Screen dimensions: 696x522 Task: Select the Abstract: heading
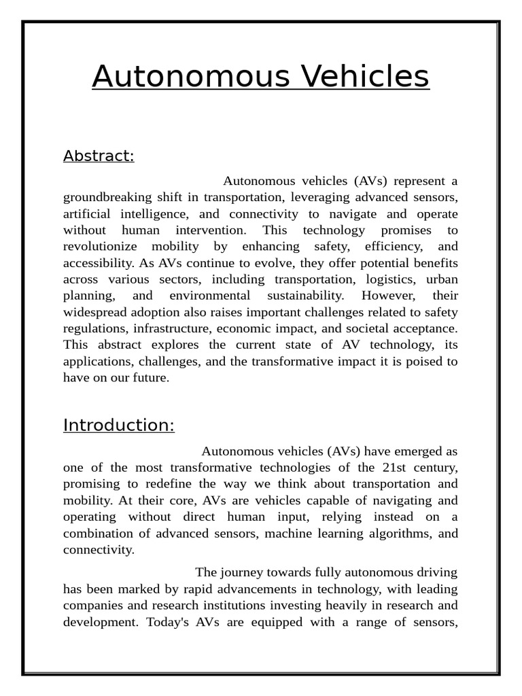coord(99,156)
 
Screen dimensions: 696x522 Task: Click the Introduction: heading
coord(119,425)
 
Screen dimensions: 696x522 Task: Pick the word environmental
coord(209,296)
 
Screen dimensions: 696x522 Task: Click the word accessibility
coord(97,263)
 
